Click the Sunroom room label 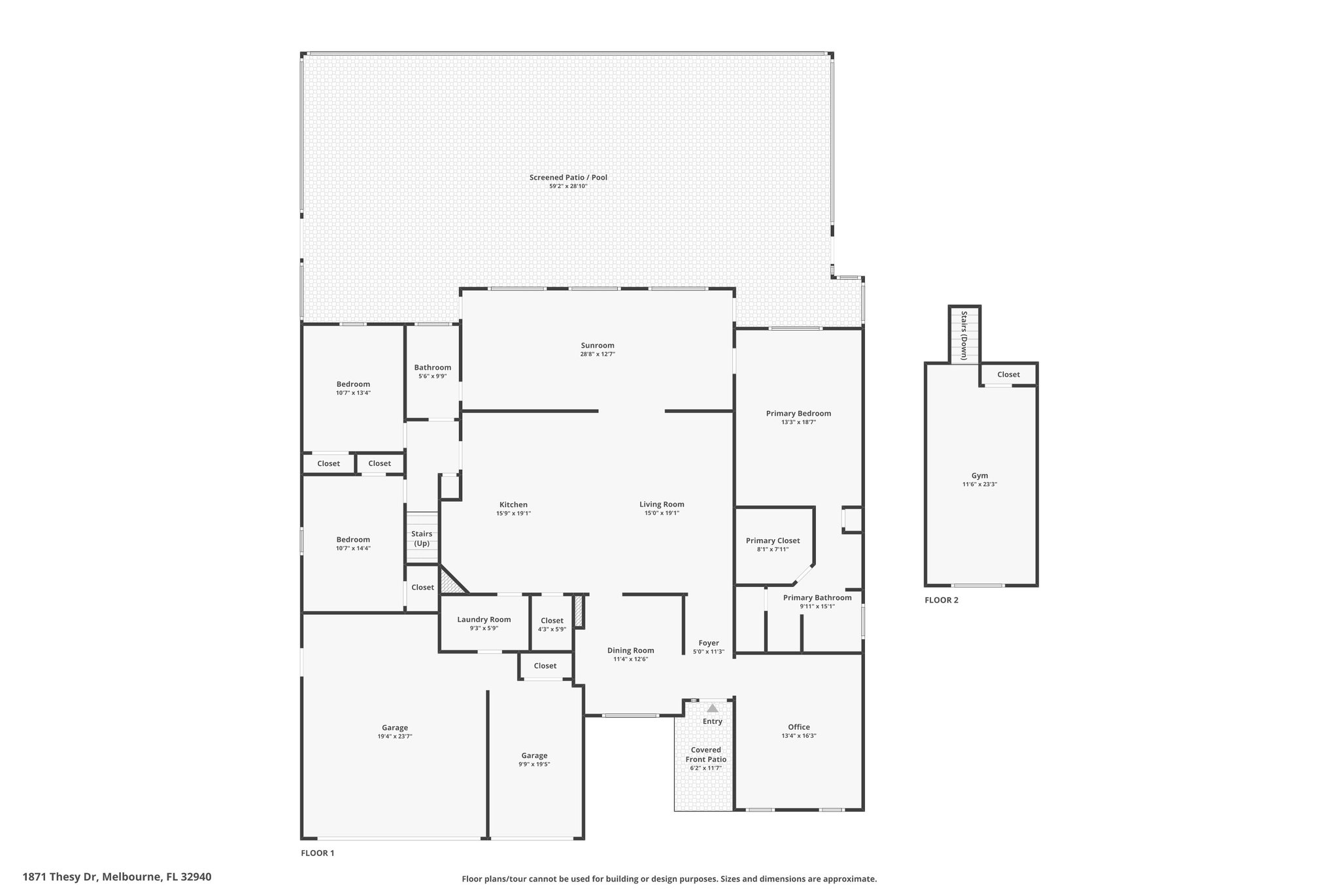tap(598, 346)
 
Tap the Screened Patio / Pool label tap(568, 177)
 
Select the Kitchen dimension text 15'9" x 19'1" tap(513, 514)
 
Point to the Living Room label tap(662, 504)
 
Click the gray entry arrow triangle tap(713, 708)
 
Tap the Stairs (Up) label tap(422, 538)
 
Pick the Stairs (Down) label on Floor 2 tap(964, 335)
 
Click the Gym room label tap(979, 476)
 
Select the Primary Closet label tap(773, 541)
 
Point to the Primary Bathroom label tap(817, 598)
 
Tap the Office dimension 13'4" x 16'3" tap(799, 736)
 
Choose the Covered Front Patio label tap(706, 755)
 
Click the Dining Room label tap(631, 651)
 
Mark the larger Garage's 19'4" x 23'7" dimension tap(395, 736)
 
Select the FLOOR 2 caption tap(941, 601)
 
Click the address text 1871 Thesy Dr tap(60, 877)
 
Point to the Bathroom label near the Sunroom tap(432, 368)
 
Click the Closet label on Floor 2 tap(1008, 375)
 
